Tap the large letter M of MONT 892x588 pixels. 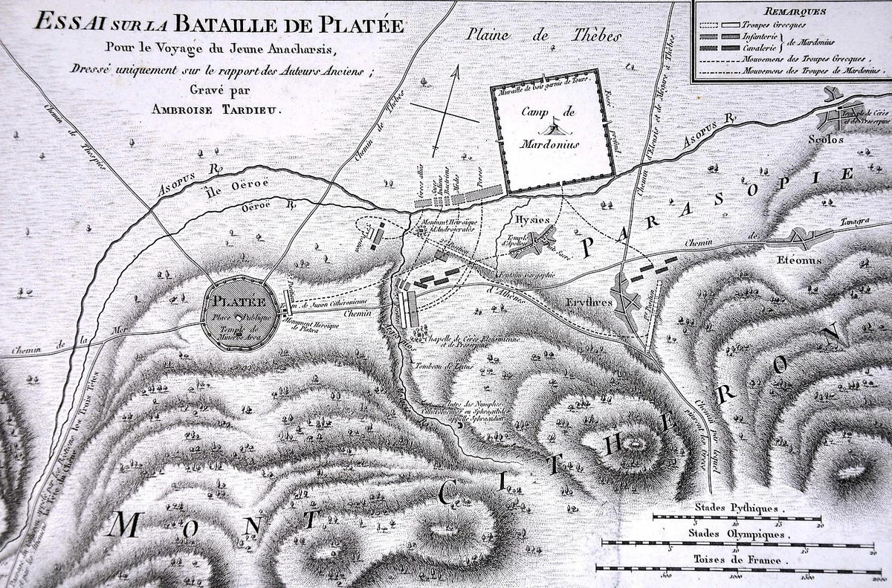(126, 525)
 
